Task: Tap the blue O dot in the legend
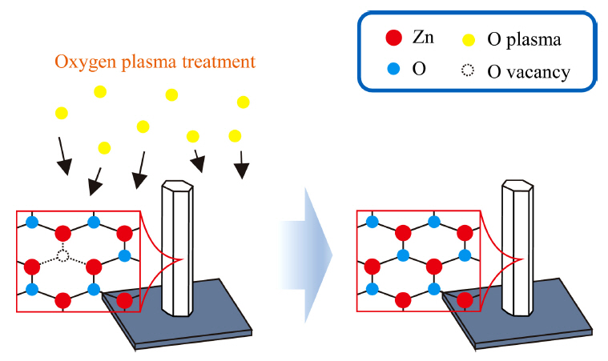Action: [393, 70]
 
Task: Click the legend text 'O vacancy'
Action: [529, 72]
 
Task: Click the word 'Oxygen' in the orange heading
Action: [79, 62]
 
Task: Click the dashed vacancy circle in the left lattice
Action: [63, 256]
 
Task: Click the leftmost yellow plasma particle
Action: [62, 113]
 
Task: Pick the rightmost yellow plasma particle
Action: [244, 102]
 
